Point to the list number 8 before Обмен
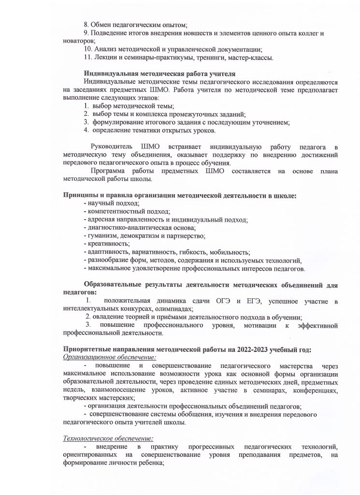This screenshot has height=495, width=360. pyautogui.click(x=86, y=24)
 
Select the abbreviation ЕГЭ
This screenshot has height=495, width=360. pyautogui.click(x=253, y=301)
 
